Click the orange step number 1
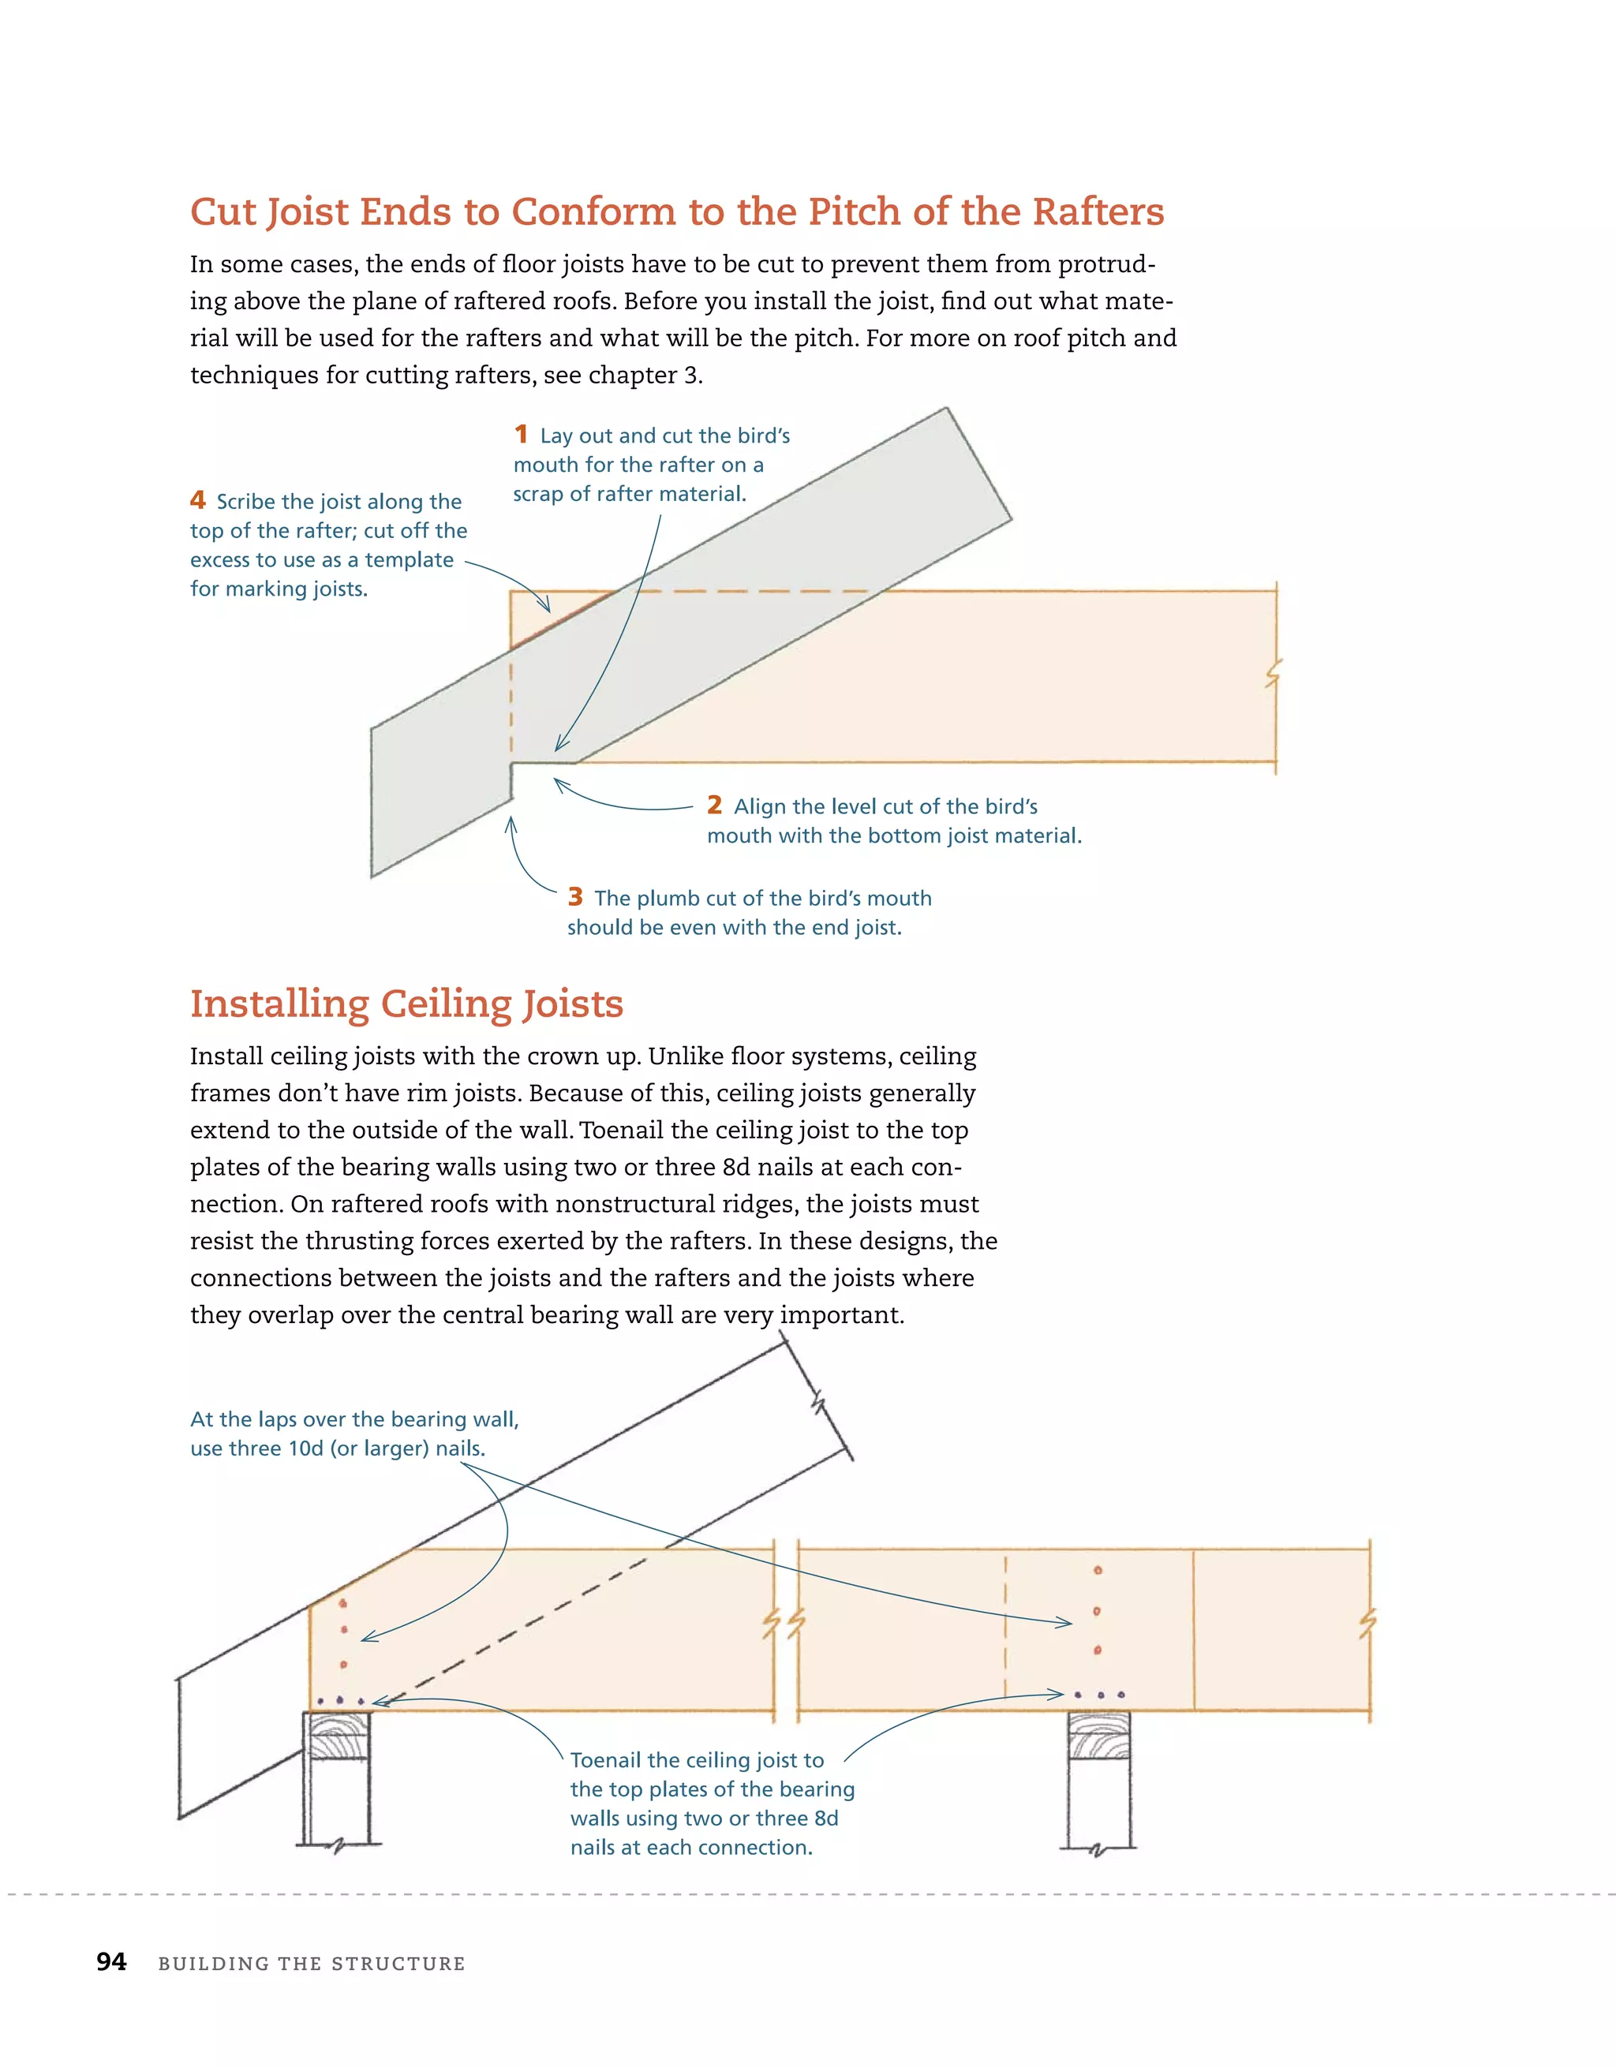(521, 435)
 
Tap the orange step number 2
(714, 805)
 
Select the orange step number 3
(574, 896)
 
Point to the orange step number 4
(198, 499)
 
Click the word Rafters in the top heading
(1098, 211)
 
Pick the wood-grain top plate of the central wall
(1098, 1736)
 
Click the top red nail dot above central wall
(1098, 1570)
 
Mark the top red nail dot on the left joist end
(342, 1603)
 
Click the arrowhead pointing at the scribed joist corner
(546, 607)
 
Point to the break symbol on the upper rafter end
(820, 1403)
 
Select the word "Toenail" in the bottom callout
(607, 1760)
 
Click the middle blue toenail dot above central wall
(1099, 1695)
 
